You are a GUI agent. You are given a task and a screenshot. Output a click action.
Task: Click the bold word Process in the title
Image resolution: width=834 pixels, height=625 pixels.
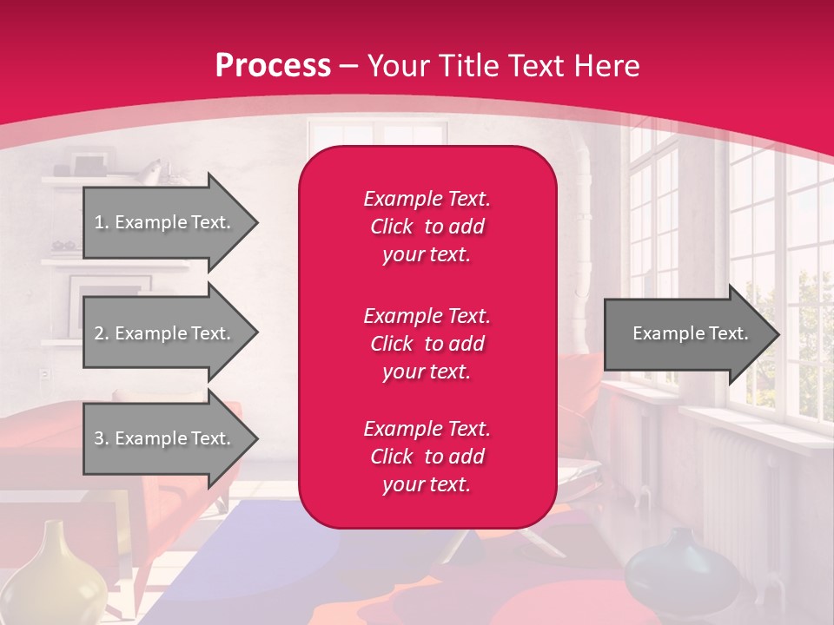tap(273, 66)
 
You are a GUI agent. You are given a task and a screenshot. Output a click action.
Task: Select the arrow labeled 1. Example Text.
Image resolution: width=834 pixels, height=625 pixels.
tap(165, 222)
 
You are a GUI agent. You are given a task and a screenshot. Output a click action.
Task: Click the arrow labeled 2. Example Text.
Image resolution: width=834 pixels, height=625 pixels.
tap(165, 333)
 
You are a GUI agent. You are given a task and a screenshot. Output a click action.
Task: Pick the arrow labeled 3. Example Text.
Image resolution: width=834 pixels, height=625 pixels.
tap(165, 438)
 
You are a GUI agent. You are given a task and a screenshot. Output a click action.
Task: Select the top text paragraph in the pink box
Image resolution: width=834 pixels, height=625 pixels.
tap(427, 227)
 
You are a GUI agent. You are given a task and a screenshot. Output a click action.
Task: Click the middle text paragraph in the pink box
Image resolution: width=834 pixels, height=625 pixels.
tap(427, 344)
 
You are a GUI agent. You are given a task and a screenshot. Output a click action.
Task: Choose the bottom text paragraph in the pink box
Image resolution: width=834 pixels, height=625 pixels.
tap(427, 457)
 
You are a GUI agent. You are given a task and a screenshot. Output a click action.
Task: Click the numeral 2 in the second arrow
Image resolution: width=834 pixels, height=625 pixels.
tap(99, 333)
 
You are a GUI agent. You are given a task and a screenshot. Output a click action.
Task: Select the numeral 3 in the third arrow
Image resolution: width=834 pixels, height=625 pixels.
tap(99, 438)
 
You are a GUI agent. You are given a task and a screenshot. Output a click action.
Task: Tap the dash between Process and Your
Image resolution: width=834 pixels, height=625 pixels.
tap(349, 67)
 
